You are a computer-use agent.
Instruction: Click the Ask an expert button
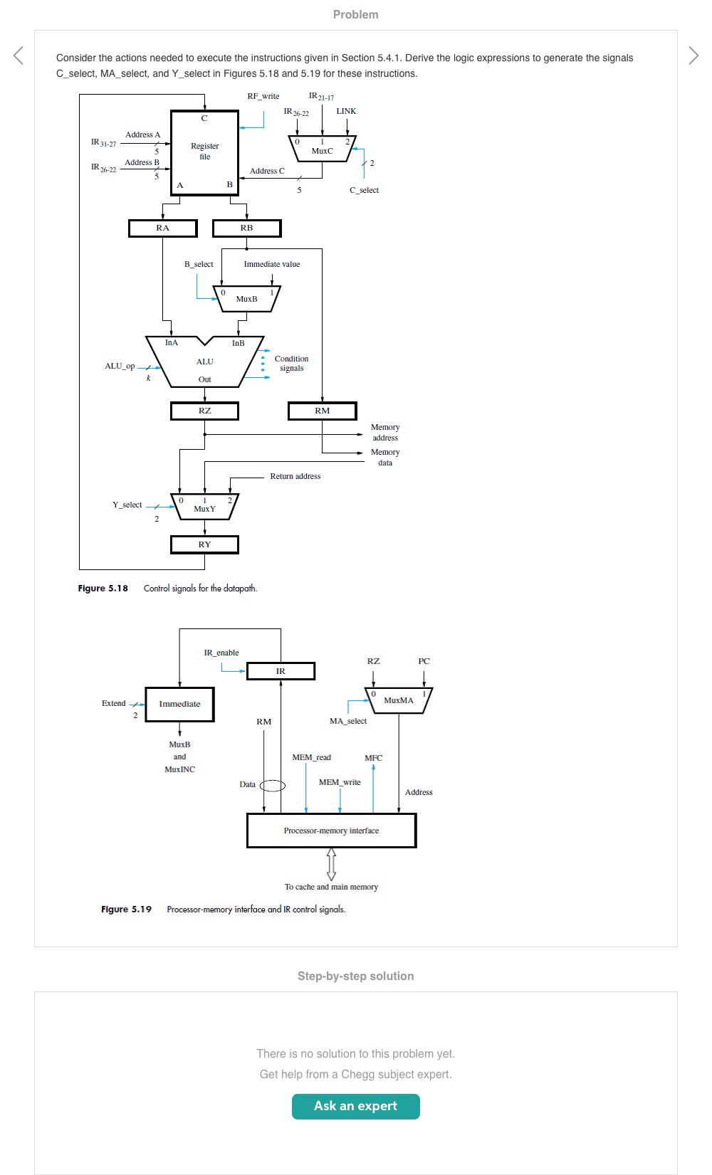point(355,1106)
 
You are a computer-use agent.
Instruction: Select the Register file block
point(204,152)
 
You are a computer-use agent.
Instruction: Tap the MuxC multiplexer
point(322,149)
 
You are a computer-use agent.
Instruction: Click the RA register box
point(163,228)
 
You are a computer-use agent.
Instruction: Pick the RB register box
point(246,228)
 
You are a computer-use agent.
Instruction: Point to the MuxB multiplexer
point(246,298)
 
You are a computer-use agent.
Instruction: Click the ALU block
point(205,362)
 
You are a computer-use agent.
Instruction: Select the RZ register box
point(204,411)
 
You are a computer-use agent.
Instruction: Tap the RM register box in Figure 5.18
point(322,411)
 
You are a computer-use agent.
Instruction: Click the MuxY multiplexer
point(204,506)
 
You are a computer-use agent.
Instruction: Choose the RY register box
point(204,544)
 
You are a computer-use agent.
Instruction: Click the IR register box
point(281,671)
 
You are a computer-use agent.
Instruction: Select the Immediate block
point(179,704)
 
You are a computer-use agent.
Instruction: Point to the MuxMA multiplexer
point(398,700)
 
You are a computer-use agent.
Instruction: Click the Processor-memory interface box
point(331,831)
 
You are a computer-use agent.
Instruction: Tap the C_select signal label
point(364,190)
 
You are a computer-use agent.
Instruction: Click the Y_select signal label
point(127,505)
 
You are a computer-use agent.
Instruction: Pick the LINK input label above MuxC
point(346,111)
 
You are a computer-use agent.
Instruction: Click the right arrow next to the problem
point(693,55)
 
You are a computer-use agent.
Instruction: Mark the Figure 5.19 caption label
point(126,909)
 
